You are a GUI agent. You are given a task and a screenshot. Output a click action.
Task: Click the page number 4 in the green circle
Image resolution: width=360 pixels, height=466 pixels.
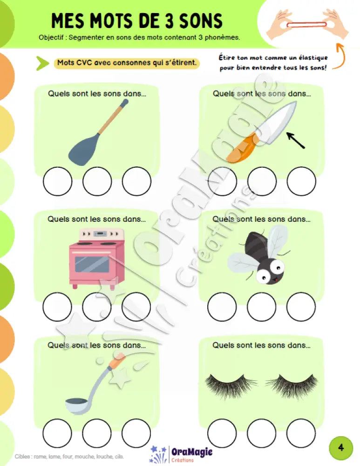[x=341, y=447]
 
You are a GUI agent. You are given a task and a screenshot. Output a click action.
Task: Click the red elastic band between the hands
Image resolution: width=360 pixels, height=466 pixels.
[x=306, y=25]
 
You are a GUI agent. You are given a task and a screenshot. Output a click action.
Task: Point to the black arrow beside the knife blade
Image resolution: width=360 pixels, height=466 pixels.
[x=296, y=140]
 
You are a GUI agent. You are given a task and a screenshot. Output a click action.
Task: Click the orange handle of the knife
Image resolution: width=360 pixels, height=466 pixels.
[x=242, y=149]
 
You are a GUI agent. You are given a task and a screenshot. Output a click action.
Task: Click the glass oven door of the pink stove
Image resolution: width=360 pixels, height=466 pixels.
[x=92, y=264]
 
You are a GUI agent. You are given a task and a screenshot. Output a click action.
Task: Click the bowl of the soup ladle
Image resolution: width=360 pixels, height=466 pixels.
[x=77, y=405]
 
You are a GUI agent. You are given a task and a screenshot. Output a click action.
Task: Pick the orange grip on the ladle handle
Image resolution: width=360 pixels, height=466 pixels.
[x=117, y=361]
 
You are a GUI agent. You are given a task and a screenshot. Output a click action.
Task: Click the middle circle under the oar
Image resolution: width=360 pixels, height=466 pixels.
[x=97, y=181]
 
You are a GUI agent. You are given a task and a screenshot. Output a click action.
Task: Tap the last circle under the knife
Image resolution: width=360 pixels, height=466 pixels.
[x=301, y=181]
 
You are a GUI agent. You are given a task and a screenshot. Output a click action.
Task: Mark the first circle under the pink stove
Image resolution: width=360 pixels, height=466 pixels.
[x=57, y=307]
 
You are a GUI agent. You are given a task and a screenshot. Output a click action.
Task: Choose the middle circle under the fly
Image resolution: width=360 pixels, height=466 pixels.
[x=261, y=307]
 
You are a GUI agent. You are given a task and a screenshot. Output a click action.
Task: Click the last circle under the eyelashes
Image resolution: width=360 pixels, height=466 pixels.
[x=301, y=433]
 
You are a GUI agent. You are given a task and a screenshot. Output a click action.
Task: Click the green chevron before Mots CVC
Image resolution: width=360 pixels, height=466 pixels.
[x=42, y=63]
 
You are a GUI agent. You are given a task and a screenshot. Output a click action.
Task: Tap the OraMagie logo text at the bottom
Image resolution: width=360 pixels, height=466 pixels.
[x=192, y=452]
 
